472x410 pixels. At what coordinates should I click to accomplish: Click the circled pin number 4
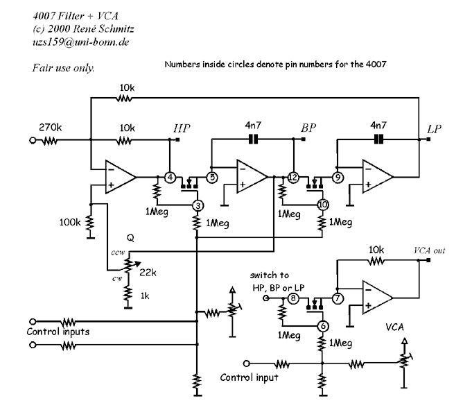point(171,176)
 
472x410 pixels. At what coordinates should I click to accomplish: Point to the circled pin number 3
point(198,205)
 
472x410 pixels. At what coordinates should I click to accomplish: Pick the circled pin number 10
point(322,205)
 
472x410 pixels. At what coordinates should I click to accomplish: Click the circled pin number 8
point(293,298)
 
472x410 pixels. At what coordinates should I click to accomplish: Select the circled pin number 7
point(338,298)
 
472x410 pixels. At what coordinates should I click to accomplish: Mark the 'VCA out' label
point(430,250)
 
